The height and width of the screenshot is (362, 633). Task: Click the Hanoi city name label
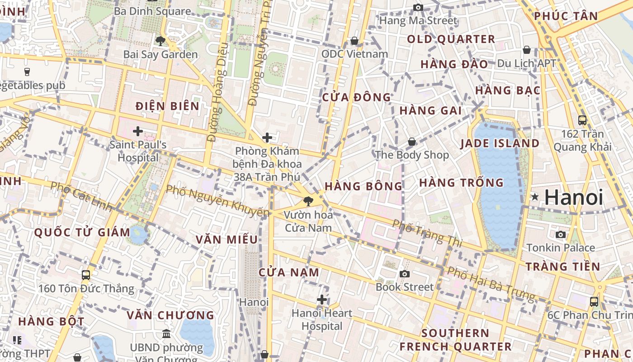pyautogui.click(x=574, y=198)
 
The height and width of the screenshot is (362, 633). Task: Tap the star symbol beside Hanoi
pyautogui.click(x=535, y=197)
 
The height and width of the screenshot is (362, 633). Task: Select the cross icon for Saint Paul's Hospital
pyautogui.click(x=138, y=131)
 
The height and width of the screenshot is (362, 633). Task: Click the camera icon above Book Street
pyautogui.click(x=405, y=274)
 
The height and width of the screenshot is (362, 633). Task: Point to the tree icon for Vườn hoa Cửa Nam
pyautogui.click(x=308, y=201)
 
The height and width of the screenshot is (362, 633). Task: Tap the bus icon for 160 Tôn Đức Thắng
pyautogui.click(x=85, y=275)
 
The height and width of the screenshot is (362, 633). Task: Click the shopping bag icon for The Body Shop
pyautogui.click(x=412, y=142)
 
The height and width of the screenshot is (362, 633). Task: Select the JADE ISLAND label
pyautogui.click(x=500, y=143)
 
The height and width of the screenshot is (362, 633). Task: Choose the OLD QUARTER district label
pyautogui.click(x=451, y=39)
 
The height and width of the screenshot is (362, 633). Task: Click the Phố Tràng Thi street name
pyautogui.click(x=427, y=233)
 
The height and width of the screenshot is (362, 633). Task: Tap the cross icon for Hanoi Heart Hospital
pyautogui.click(x=322, y=300)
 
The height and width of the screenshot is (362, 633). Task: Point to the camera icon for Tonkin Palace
pyautogui.click(x=561, y=234)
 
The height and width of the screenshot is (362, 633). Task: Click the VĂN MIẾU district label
pyautogui.click(x=227, y=240)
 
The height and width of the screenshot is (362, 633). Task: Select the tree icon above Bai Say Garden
pyautogui.click(x=160, y=41)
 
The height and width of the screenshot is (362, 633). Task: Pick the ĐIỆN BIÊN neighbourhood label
pyautogui.click(x=168, y=106)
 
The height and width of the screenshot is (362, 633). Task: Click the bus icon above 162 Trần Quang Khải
pyautogui.click(x=582, y=120)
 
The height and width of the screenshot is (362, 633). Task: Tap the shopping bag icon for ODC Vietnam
pyautogui.click(x=354, y=41)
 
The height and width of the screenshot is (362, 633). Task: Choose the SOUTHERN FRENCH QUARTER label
pyautogui.click(x=455, y=340)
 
